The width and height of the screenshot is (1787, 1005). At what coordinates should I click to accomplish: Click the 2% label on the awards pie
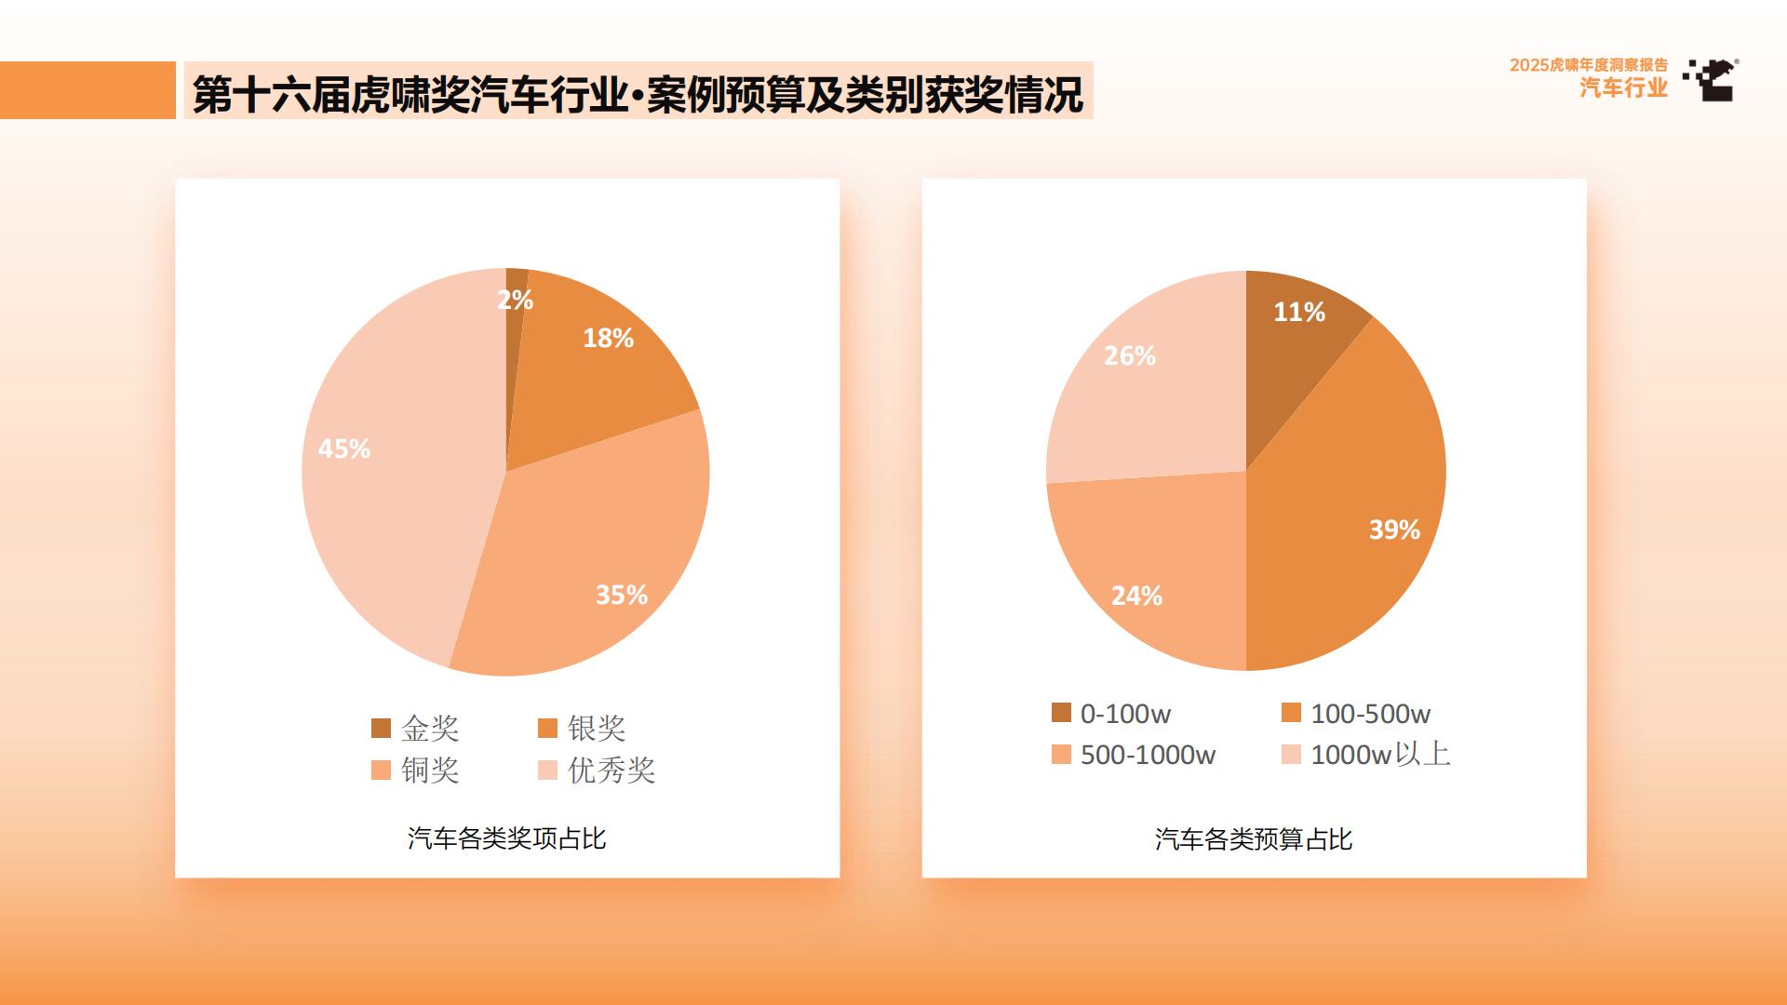515,300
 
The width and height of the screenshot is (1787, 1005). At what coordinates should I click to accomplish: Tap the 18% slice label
608,338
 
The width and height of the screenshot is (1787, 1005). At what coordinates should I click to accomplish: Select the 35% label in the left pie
621,595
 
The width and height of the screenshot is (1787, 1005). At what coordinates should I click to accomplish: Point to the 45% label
344,449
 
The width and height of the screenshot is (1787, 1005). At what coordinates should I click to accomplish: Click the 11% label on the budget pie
1298,312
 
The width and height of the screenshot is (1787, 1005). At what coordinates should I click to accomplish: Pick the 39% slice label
1393,529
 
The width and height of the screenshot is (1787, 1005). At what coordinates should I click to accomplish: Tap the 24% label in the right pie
1136,596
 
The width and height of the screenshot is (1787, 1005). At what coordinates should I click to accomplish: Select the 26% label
1129,355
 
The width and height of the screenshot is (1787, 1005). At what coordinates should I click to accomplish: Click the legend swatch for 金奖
381,728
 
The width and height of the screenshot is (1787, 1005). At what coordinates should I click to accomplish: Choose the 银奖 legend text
597,728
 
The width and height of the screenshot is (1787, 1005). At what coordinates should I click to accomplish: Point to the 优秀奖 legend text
611,770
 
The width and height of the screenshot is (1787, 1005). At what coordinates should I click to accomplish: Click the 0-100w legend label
1125,714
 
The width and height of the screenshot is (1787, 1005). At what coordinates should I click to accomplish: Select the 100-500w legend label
1370,714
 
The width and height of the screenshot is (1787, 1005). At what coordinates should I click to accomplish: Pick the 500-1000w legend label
1148,755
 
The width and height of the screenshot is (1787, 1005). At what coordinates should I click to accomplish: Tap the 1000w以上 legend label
1380,755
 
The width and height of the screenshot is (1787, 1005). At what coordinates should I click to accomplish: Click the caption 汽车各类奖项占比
506,838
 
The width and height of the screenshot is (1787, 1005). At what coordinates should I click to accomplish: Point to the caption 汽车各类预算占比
1253,839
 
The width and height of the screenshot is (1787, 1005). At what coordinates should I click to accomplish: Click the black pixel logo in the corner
1712,80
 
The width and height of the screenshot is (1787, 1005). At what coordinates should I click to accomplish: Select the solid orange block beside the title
87,90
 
